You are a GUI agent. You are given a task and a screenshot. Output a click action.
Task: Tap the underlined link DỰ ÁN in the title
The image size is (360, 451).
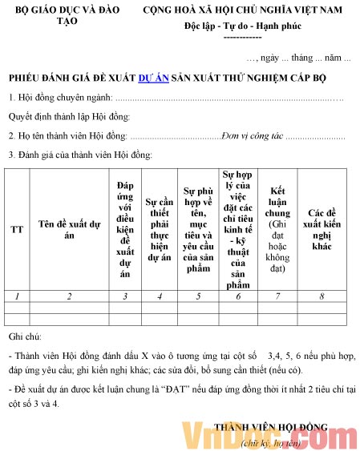(x=152, y=78)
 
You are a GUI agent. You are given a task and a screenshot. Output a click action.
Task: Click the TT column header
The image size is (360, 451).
(x=17, y=229)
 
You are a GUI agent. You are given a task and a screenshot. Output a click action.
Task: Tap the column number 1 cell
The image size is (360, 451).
(x=17, y=296)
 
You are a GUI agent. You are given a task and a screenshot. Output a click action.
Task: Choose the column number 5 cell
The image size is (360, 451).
(x=197, y=296)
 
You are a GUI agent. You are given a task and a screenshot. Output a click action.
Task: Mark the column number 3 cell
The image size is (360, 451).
(x=124, y=296)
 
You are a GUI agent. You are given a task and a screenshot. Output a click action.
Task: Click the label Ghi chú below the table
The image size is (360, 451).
(x=25, y=337)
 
